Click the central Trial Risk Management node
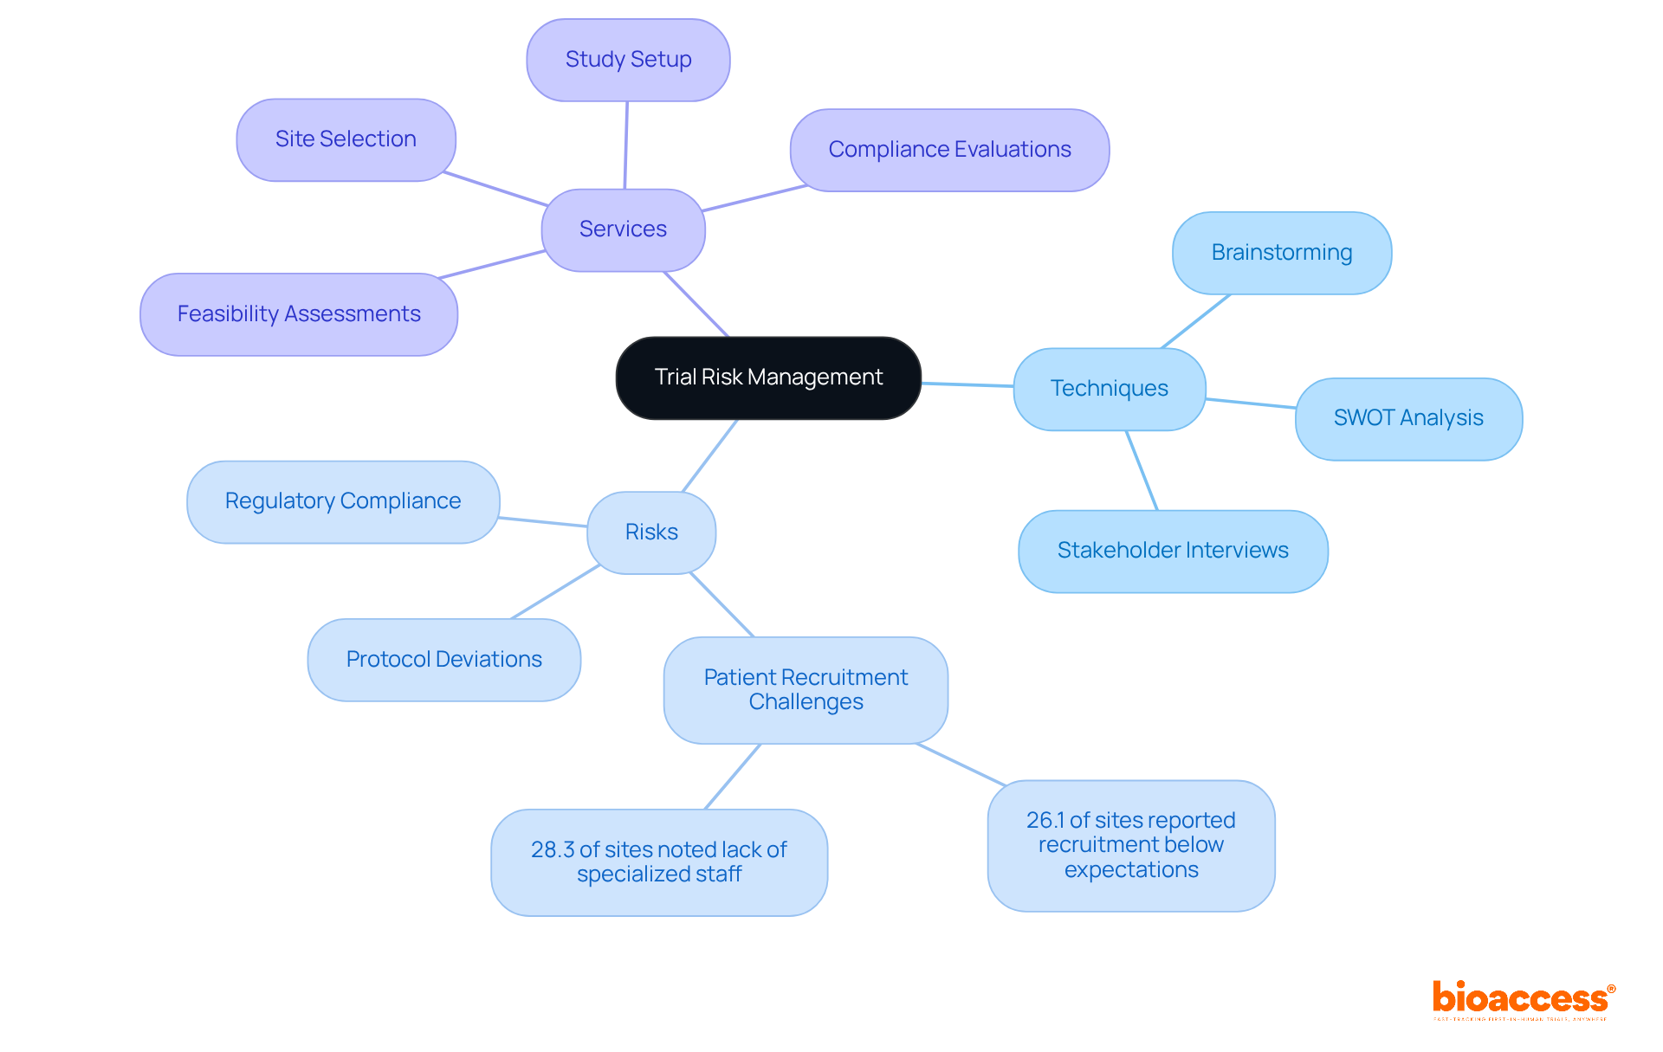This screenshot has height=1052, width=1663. pos(768,378)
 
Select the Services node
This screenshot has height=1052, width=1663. pos(623,229)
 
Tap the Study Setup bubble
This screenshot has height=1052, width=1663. pos(628,60)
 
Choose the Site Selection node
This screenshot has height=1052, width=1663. pos(346,139)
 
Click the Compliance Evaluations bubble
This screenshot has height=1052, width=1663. pos(949,150)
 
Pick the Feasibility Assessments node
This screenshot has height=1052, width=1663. pos(299,314)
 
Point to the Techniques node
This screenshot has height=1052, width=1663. pos(1109,389)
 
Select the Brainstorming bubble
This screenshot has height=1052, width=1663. pos(1281,253)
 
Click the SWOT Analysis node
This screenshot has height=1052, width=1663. pos(1408,418)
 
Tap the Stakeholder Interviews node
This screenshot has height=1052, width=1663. pos(1173,551)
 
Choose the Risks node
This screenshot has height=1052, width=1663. pos(651,532)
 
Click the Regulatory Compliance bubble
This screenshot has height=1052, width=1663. pos(343,501)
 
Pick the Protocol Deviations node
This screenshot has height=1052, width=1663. pos(443,660)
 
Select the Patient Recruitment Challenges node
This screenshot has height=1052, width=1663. pos(806,690)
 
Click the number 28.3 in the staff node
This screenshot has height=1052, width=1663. pos(552,850)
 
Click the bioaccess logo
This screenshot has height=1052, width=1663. pos(1523,999)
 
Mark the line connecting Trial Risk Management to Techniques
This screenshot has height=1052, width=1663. pos(967,384)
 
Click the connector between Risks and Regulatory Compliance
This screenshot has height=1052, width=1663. pos(543,522)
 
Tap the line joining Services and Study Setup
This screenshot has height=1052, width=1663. pos(626,145)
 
